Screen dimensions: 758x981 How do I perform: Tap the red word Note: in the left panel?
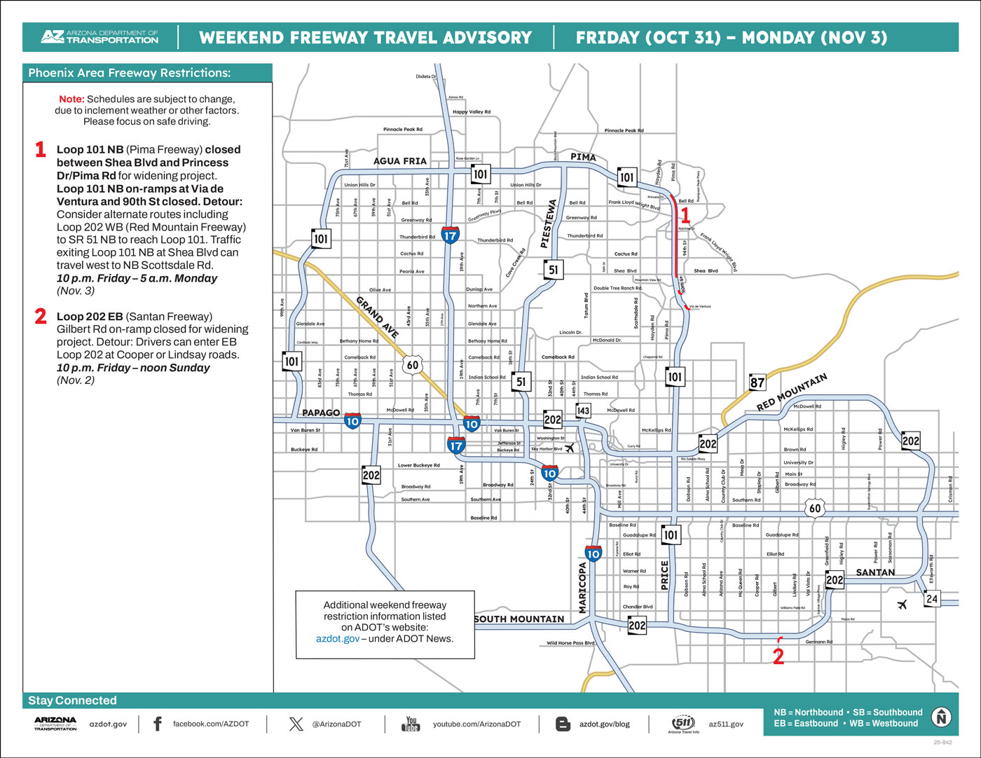click(x=71, y=99)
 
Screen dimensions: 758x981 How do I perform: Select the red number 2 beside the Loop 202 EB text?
click(x=41, y=317)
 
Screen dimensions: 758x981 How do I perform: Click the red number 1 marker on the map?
click(x=685, y=216)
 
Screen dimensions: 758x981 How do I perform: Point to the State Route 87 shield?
click(x=757, y=383)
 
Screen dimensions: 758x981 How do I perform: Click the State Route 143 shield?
click(x=583, y=411)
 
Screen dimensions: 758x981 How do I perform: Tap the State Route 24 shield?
click(x=931, y=598)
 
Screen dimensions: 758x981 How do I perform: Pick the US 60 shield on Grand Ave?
click(x=413, y=364)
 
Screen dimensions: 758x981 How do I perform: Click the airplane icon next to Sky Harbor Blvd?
click(x=570, y=448)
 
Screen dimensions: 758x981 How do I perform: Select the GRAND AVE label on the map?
click(x=378, y=317)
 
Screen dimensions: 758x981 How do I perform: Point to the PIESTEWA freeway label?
click(x=549, y=224)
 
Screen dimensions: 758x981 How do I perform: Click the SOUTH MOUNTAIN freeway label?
click(x=519, y=619)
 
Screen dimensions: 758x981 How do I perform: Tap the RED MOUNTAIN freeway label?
click(x=792, y=392)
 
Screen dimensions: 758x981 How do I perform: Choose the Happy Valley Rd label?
click(x=472, y=112)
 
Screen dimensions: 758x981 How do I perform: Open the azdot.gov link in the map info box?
click(x=338, y=639)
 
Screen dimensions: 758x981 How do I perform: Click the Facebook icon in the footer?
click(x=158, y=724)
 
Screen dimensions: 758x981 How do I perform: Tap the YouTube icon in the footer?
click(x=411, y=724)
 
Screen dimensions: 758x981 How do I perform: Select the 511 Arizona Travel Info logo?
click(x=685, y=724)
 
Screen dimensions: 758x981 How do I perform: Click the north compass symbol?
click(x=942, y=717)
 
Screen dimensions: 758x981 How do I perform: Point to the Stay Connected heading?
click(x=72, y=701)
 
